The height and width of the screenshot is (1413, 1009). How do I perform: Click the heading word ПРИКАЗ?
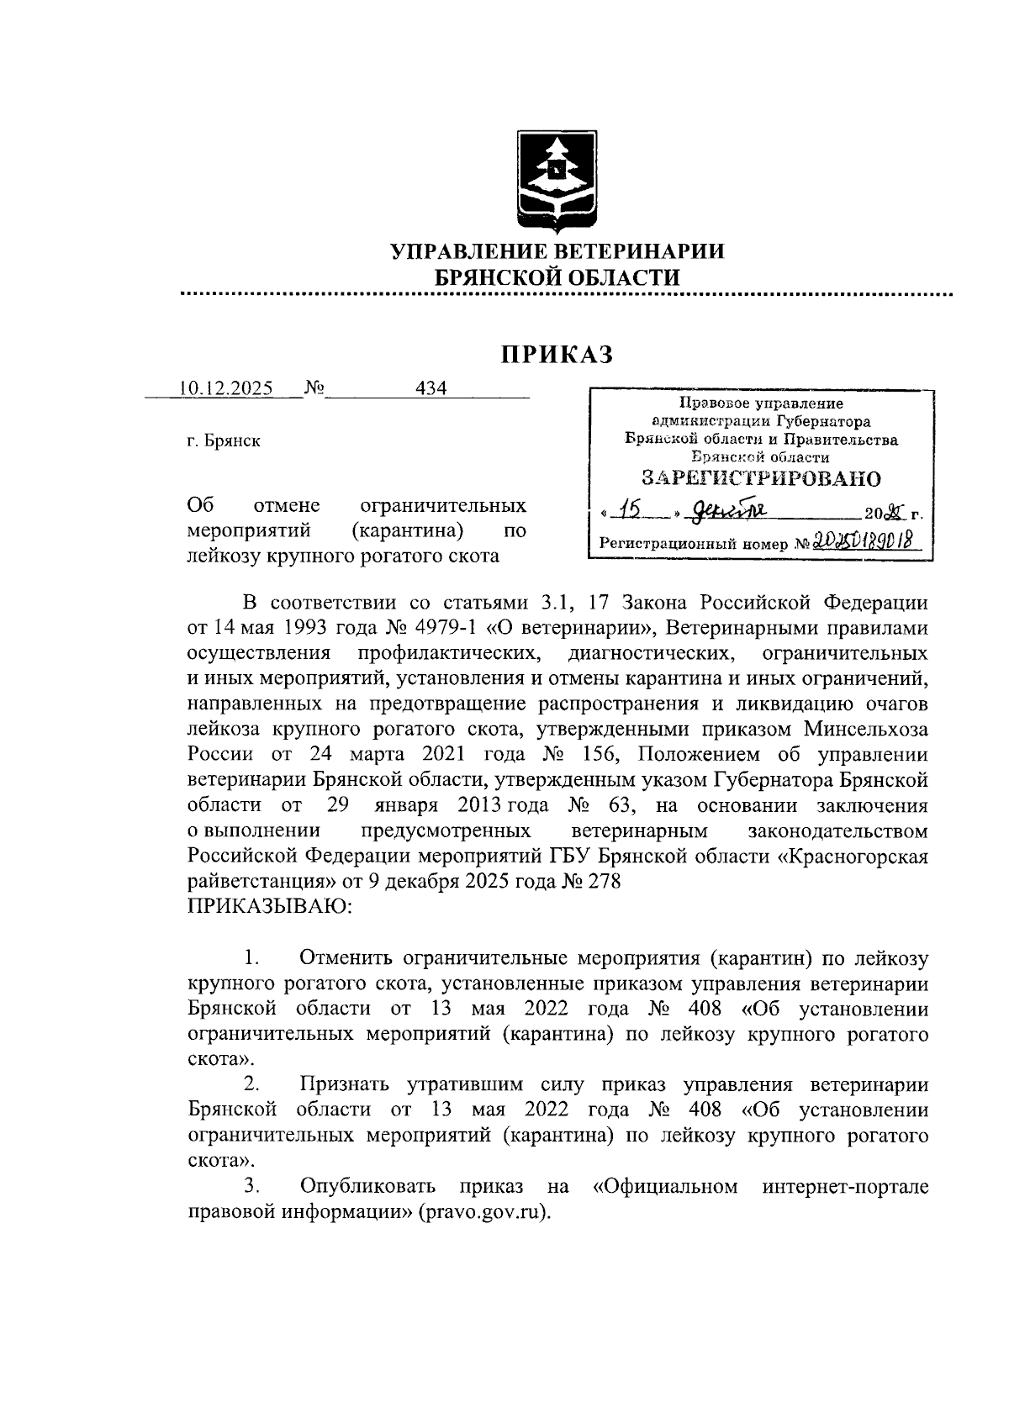[557, 355]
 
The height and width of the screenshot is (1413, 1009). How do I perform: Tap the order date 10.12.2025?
[225, 388]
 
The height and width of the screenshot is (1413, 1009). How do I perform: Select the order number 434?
[431, 388]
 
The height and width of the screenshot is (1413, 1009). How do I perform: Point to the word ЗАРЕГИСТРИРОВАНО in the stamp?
[761, 479]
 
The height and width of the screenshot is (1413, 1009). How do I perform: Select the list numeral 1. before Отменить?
[251, 958]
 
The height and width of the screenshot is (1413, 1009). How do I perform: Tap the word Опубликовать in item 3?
[367, 1187]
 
